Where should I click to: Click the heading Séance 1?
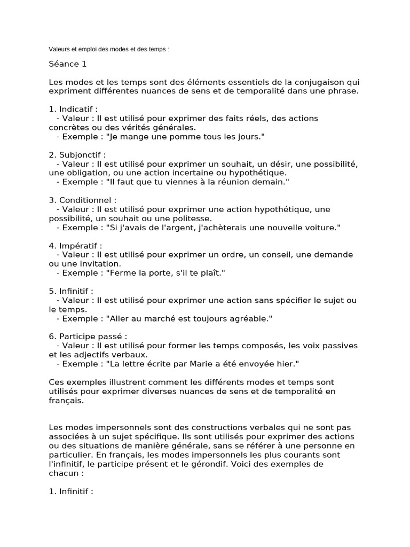click(67, 65)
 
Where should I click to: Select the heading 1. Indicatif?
click(73, 109)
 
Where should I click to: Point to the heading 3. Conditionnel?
click(82, 200)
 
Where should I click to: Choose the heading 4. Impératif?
click(75, 246)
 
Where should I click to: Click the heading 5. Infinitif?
click(70, 291)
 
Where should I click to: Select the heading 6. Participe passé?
click(88, 337)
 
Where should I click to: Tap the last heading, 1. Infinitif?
click(70, 491)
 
